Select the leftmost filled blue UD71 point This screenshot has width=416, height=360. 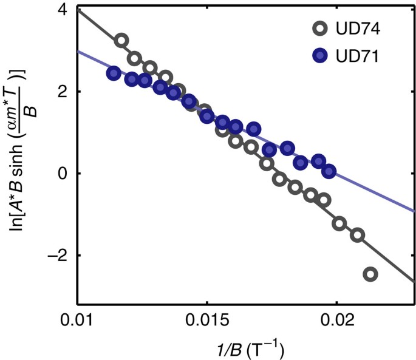click(x=113, y=73)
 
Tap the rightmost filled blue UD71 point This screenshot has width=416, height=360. click(x=329, y=171)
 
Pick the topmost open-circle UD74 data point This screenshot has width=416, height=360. click(x=121, y=40)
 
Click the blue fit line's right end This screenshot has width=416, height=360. click(x=414, y=212)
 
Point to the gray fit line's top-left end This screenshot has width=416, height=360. click(x=79, y=10)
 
